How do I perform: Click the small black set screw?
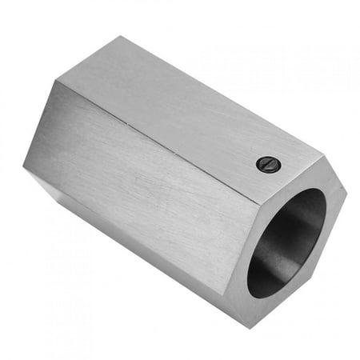coord(269,164)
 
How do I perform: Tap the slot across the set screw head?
coord(269,164)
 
